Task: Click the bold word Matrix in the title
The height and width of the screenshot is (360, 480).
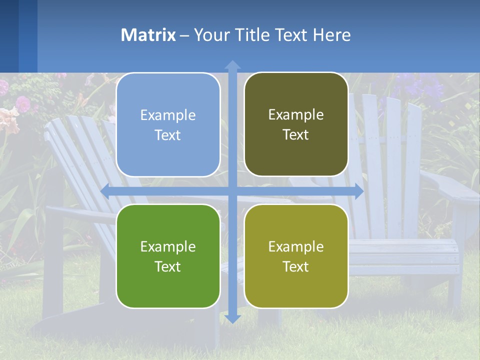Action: click(x=148, y=35)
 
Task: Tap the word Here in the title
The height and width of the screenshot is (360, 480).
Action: click(x=331, y=35)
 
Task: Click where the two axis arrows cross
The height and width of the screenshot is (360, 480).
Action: click(x=232, y=191)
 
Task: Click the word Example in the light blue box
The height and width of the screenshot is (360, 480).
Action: click(x=168, y=115)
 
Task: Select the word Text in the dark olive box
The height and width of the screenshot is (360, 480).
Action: click(x=296, y=135)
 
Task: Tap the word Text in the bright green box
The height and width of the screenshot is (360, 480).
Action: click(x=168, y=266)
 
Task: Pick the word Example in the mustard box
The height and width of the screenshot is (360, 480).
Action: click(x=296, y=246)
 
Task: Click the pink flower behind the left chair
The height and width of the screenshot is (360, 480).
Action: click(x=22, y=103)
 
